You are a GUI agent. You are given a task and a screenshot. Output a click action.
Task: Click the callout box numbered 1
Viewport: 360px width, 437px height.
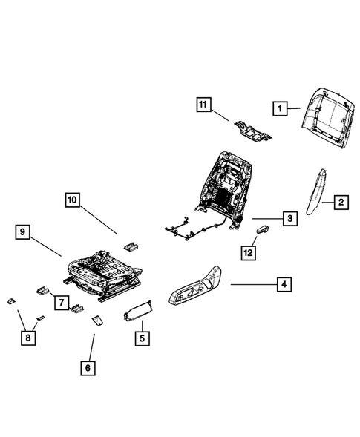click(280, 109)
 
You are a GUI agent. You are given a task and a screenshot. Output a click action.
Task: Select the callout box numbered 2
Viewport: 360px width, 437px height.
click(341, 202)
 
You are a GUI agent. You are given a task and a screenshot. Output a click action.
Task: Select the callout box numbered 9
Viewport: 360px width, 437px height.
click(24, 233)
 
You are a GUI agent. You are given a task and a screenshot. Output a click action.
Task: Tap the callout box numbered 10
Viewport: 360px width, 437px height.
click(71, 200)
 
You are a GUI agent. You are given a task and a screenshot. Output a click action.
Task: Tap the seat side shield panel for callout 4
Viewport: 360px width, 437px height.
click(197, 285)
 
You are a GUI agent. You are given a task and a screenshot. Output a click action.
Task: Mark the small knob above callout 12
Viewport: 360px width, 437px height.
click(262, 231)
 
